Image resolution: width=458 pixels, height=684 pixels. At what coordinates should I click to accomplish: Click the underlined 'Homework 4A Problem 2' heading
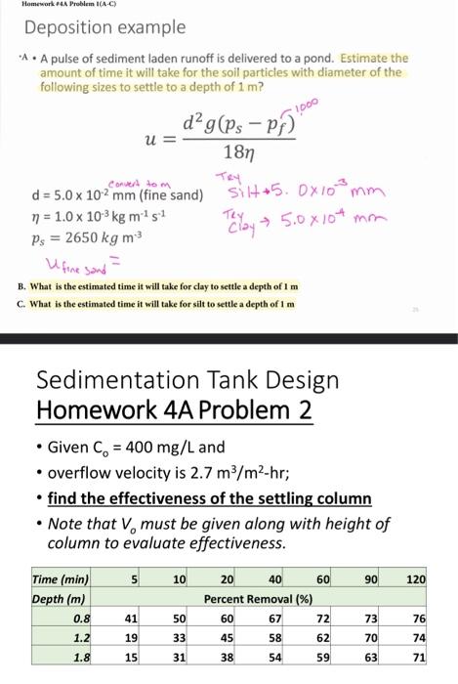175,410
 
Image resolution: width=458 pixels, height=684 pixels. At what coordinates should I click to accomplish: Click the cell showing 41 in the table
131,620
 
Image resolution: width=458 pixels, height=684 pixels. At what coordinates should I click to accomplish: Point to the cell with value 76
419,620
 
